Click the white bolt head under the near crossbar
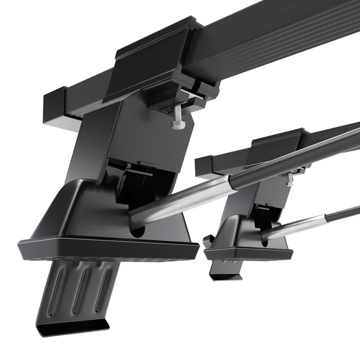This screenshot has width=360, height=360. coord(178,124)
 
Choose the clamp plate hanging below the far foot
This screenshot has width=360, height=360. coord(225,268)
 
